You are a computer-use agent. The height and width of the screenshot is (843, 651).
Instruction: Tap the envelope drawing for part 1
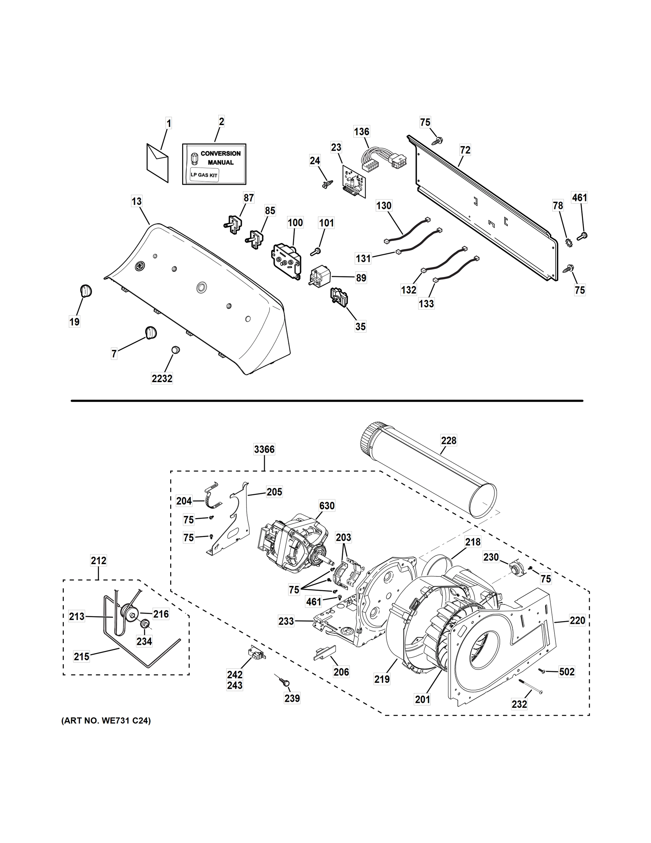157,163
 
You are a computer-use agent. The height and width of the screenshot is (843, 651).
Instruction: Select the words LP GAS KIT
204,175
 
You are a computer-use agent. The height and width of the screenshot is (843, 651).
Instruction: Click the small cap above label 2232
175,350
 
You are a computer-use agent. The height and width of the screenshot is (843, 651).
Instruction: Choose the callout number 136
361,132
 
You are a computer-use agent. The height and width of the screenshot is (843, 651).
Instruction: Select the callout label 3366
264,449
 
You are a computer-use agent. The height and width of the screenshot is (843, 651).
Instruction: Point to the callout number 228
449,440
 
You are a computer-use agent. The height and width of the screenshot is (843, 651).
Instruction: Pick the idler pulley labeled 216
128,613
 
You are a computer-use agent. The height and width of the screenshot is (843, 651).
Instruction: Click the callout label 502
566,672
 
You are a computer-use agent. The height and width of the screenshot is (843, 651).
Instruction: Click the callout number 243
235,685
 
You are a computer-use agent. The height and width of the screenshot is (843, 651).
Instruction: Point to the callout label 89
361,278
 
